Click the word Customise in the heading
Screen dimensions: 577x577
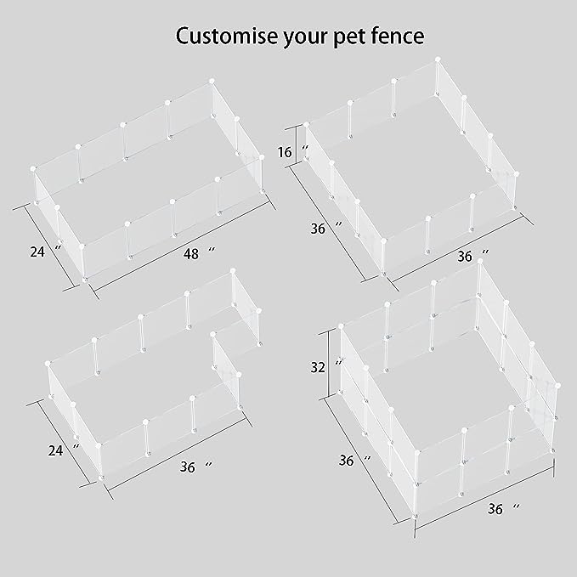(227, 37)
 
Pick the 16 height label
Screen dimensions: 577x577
(285, 153)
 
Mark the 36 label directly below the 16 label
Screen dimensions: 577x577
(319, 228)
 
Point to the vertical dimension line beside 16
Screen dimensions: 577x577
(296, 145)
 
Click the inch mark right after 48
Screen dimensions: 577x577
(212, 252)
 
